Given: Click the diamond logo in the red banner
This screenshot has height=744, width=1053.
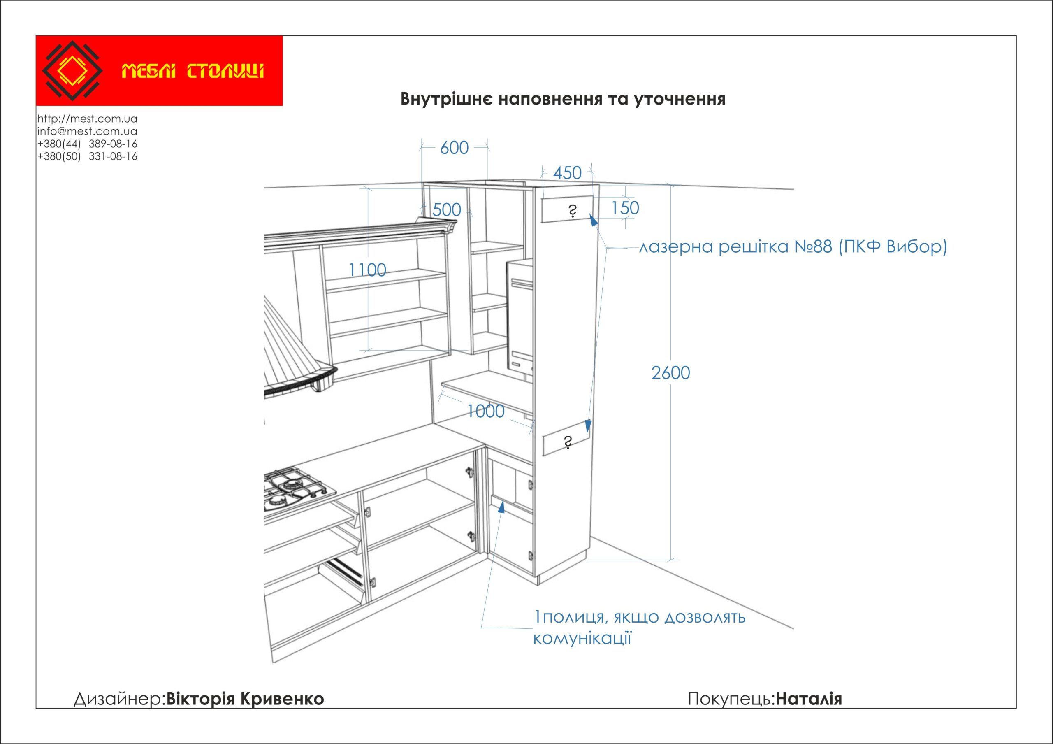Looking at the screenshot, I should pyautogui.click(x=72, y=71).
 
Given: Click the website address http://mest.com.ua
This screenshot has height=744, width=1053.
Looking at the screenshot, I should pyautogui.click(x=87, y=119).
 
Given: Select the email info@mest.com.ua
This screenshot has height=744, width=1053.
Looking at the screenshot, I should pyautogui.click(x=87, y=131).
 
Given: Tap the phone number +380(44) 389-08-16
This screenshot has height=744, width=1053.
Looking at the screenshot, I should pyautogui.click(x=87, y=144).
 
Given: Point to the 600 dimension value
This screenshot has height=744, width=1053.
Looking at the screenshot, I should pyautogui.click(x=454, y=148).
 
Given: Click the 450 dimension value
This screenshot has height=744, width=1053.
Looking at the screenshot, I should pyautogui.click(x=567, y=173).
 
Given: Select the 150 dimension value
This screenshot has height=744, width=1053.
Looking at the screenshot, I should pyautogui.click(x=625, y=208).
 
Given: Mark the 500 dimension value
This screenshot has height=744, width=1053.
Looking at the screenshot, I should pyautogui.click(x=447, y=210).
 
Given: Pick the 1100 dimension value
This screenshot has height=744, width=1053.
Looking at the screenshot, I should pyautogui.click(x=367, y=270).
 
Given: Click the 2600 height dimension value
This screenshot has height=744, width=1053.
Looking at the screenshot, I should pyautogui.click(x=670, y=373).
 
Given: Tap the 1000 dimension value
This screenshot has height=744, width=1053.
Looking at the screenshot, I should pyautogui.click(x=486, y=412).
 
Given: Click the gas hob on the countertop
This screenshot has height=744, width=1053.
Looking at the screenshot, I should pyautogui.click(x=296, y=488).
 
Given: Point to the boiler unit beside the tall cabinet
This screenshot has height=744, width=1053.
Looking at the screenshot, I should pyautogui.click(x=520, y=316).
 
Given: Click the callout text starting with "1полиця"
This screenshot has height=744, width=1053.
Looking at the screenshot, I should pyautogui.click(x=639, y=617).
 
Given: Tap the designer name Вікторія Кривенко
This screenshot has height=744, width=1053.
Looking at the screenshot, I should pyautogui.click(x=245, y=699).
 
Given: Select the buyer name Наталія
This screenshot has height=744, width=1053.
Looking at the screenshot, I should pyautogui.click(x=809, y=699).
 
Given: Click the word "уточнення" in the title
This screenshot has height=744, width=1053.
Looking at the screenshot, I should pyautogui.click(x=679, y=99).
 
